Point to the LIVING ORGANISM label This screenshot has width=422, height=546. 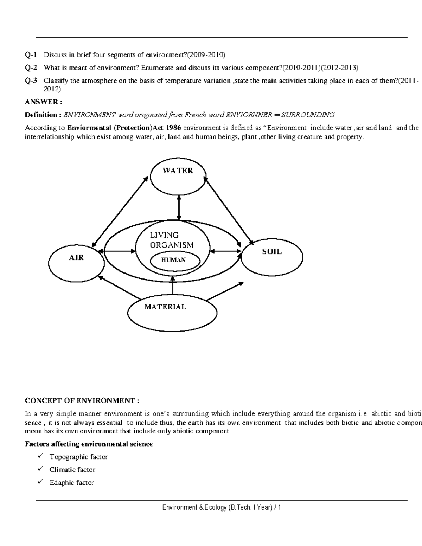pos(172,240)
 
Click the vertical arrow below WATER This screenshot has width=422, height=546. pos(179,208)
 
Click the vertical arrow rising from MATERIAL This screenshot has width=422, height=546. pos(173,285)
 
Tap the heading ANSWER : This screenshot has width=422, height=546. pos(44,102)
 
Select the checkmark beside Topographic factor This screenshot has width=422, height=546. pos(41,456)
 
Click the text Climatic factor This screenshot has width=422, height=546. pos(72,470)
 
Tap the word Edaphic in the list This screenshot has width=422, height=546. pos(62,483)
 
